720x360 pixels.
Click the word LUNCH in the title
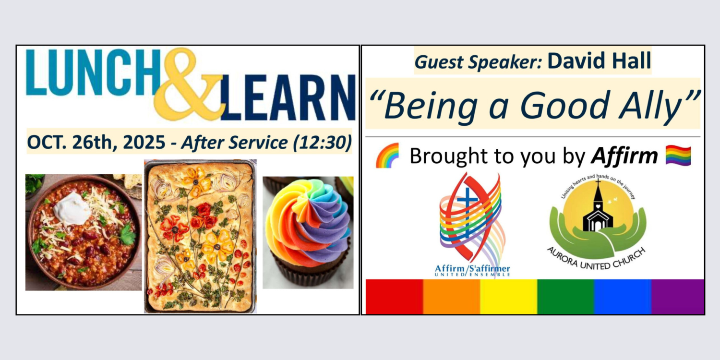click(x=93, y=72)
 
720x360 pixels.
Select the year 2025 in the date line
click(x=144, y=142)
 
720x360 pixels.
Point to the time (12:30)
click(x=323, y=142)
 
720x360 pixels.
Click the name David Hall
click(x=599, y=60)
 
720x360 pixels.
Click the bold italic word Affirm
click(x=624, y=156)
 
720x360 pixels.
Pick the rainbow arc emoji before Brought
click(x=388, y=156)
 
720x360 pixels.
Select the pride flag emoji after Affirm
click(x=678, y=156)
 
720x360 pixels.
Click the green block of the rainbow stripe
click(x=565, y=296)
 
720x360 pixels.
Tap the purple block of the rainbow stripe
click(x=678, y=296)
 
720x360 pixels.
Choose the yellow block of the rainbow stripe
click(x=508, y=296)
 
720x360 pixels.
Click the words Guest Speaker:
click(x=479, y=62)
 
